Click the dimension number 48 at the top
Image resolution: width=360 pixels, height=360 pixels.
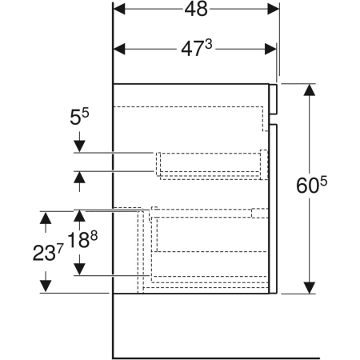pyautogui.click(x=195, y=9)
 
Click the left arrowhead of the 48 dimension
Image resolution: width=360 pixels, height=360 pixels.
pyautogui.click(x=121, y=9)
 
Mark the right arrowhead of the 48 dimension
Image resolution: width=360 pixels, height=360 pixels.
pyautogui.click(x=273, y=9)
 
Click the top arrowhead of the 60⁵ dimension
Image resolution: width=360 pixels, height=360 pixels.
pyautogui.click(x=309, y=90)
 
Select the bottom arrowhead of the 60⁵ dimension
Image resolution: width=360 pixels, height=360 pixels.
pyautogui.click(x=309, y=286)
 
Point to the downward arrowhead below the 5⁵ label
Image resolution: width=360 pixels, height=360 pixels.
pyautogui.click(x=79, y=146)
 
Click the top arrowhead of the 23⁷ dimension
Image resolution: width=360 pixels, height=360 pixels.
pyautogui.click(x=46, y=217)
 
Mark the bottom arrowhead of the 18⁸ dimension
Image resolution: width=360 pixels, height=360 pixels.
pyautogui.click(x=79, y=269)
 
